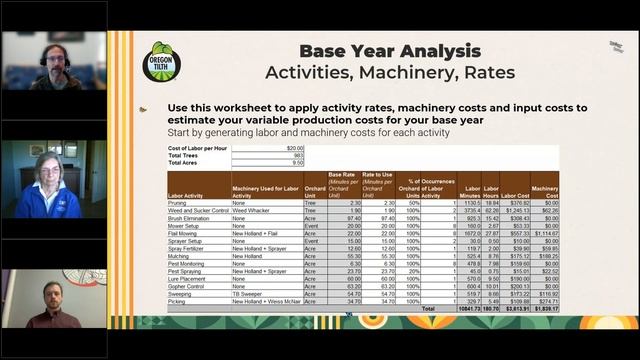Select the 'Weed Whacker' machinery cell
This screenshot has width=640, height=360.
pyautogui.click(x=251, y=211)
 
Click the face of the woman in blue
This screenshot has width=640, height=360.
pyautogui.click(x=49, y=168)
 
